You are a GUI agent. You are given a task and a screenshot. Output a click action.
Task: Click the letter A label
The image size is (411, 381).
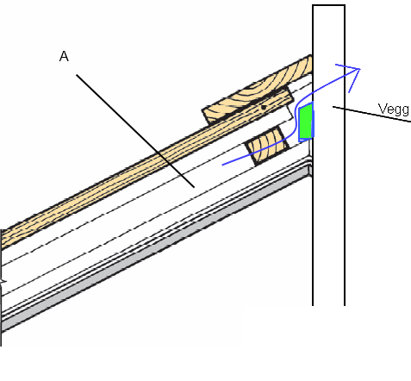64,56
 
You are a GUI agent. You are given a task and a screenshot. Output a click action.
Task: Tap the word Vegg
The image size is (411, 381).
394,109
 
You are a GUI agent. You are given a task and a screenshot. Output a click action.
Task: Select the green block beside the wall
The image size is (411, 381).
306,122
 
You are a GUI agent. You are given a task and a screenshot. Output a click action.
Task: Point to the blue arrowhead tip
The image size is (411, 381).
360,69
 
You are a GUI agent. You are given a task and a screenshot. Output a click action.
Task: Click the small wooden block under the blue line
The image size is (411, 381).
267,146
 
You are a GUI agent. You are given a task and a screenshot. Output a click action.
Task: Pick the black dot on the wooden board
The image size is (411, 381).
264,108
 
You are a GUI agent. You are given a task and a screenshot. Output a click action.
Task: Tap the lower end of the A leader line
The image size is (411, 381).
194,187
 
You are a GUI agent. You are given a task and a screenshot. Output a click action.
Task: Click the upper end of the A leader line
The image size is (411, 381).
77,75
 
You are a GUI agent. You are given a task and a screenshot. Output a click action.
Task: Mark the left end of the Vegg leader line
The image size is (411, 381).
333,107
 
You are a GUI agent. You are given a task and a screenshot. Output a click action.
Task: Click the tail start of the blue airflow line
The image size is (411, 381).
222,165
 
